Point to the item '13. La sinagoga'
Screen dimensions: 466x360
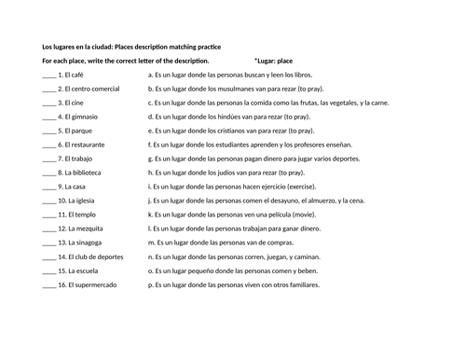tap(80, 242)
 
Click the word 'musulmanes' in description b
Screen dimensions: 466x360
tap(254, 88)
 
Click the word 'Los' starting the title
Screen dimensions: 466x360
tap(48, 46)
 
